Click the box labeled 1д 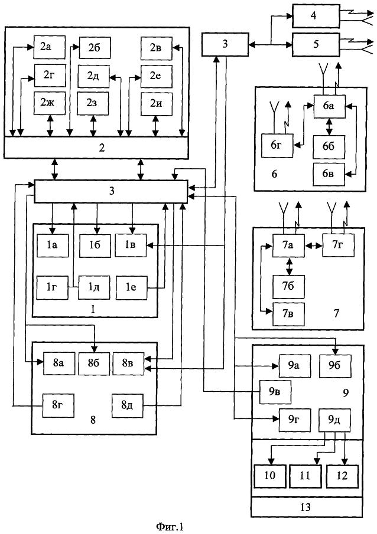[x=91, y=287]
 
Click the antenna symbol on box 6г [x=274, y=112]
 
